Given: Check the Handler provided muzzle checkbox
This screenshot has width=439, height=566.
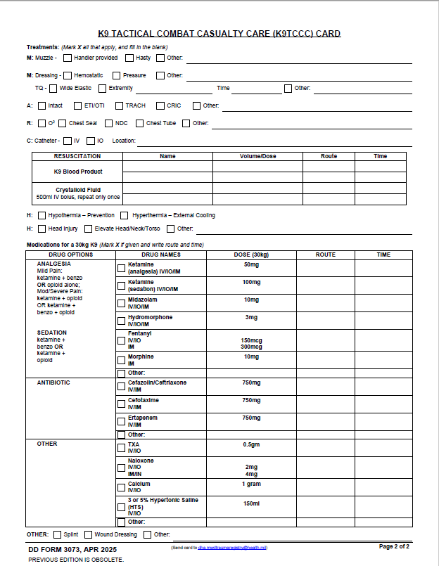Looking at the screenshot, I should coord(68,58).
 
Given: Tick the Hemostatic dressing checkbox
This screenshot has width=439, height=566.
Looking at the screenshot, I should coord(68,75).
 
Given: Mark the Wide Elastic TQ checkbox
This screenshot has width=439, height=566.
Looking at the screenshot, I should coord(53,89).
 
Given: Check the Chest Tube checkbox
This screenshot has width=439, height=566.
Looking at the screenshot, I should coord(139,123).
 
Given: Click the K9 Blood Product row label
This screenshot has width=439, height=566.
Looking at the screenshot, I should coord(77,172).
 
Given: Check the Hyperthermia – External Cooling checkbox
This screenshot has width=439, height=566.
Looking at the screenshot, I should coord(125,215).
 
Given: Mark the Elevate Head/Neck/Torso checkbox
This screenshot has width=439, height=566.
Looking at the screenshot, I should coord(88,229).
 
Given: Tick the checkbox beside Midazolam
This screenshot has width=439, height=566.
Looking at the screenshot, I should coord(121,303).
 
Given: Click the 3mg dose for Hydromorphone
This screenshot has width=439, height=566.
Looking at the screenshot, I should coord(251,317).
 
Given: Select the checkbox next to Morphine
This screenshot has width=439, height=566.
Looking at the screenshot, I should coord(121,360).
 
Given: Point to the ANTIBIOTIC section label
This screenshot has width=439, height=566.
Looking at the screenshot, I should coord(53,382).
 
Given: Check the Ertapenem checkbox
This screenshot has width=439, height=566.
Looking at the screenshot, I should coord(121,421).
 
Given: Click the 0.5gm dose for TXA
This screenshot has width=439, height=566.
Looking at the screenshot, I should coord(251,444).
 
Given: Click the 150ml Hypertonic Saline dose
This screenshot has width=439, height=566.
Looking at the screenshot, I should coord(251,503).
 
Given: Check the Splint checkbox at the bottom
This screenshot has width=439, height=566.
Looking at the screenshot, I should coord(58,534).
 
